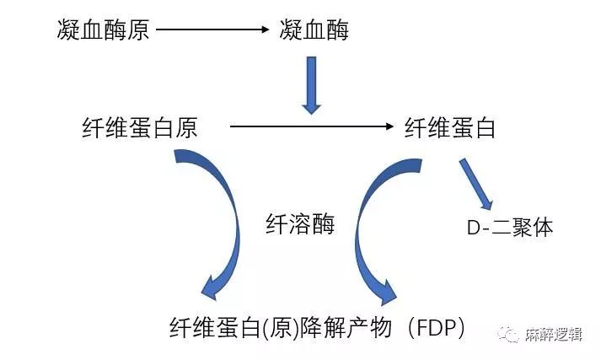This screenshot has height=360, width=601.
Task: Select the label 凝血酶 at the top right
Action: (314, 31)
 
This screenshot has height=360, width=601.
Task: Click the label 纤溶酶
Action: (300, 225)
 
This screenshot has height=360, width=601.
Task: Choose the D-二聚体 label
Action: (510, 227)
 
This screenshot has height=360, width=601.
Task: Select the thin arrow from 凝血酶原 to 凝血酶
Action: (211, 31)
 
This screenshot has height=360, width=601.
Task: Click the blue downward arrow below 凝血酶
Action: (312, 85)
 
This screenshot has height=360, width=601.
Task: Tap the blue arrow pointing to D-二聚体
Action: (476, 182)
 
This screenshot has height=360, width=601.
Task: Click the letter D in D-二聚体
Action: (473, 228)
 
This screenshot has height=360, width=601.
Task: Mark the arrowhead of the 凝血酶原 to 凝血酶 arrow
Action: (262, 31)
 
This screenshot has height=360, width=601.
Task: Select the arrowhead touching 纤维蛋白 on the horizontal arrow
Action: (389, 127)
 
